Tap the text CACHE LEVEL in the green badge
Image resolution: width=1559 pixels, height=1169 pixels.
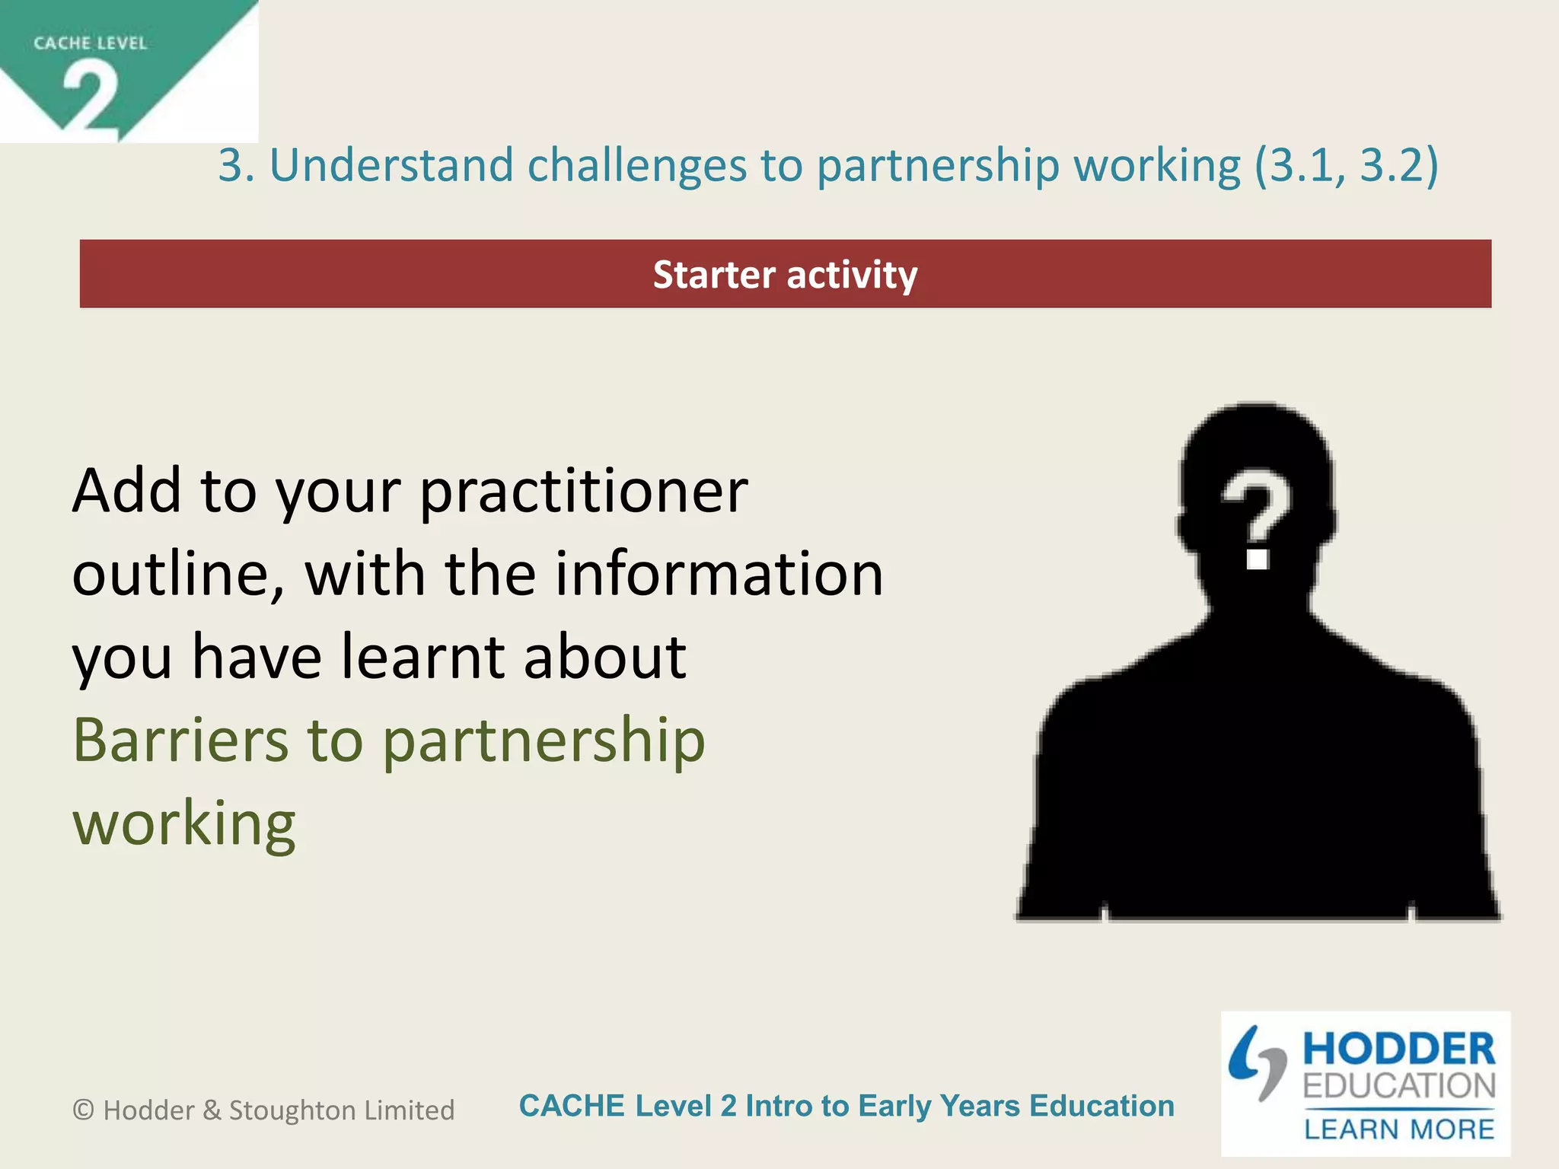coord(90,43)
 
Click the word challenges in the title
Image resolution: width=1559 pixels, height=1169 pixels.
coord(636,165)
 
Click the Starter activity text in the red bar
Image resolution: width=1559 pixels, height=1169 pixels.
coord(785,275)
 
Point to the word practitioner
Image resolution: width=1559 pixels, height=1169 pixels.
coord(584,492)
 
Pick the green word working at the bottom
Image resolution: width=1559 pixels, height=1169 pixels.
coord(183,823)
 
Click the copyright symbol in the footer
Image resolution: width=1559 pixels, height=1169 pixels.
coord(83,1110)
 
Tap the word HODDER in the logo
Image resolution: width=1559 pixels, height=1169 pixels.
coord(1398,1050)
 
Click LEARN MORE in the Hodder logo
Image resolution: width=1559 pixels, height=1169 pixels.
coord(1398,1129)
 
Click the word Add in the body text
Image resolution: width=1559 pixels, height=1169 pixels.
coord(126,492)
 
